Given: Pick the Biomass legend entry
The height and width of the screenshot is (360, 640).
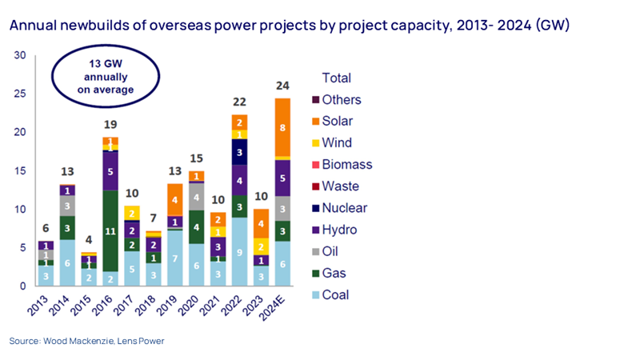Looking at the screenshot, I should [346, 165].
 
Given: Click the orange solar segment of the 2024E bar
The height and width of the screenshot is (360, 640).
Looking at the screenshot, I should [283, 127].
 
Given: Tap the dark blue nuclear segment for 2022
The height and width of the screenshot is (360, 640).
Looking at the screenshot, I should [239, 152].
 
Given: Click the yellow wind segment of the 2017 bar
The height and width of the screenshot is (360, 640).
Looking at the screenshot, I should [132, 214].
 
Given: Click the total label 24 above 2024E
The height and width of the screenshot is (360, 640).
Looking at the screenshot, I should [283, 86].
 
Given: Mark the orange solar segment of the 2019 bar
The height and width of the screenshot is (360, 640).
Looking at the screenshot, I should [175, 200].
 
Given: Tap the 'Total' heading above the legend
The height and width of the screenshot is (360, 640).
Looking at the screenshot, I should [336, 78].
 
